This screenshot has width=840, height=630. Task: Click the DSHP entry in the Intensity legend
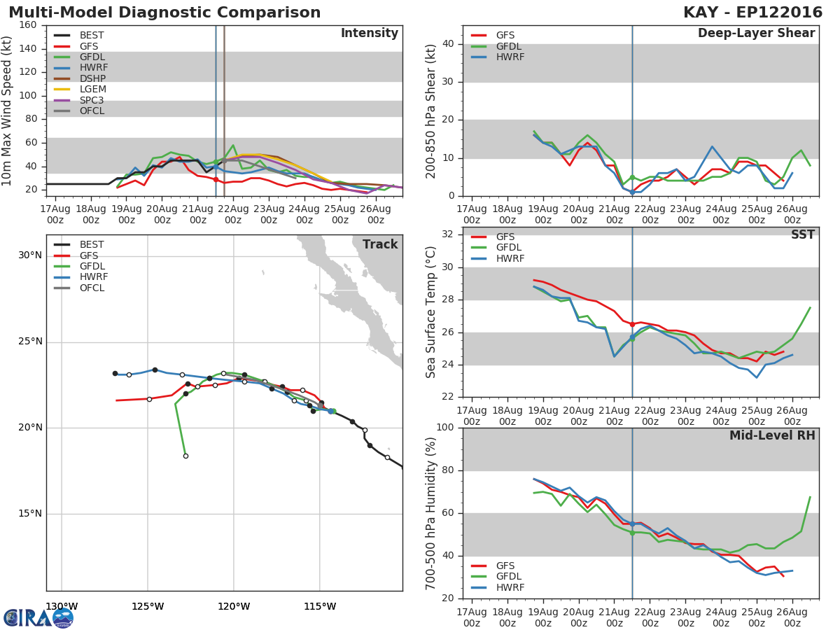[x=92, y=78]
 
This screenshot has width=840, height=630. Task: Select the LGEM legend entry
[x=93, y=89]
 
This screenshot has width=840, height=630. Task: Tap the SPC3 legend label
[x=92, y=100]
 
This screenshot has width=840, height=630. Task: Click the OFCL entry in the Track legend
[x=92, y=288]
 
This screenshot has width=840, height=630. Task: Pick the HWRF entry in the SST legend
[x=510, y=258]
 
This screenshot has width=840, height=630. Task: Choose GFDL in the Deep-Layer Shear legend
[x=509, y=46]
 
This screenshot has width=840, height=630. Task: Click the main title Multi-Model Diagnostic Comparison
[x=164, y=13]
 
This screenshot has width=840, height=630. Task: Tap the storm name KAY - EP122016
[x=752, y=13]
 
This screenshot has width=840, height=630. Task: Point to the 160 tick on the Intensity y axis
[x=28, y=25]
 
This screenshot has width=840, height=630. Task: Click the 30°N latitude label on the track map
[x=30, y=255]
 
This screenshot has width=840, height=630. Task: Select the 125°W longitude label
[x=148, y=607]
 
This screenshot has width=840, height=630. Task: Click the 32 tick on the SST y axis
[x=448, y=234]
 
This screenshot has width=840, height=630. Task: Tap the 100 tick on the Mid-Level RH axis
[x=445, y=427]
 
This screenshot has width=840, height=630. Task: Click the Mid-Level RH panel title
[x=772, y=435]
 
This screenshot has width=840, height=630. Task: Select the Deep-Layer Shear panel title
[x=757, y=34]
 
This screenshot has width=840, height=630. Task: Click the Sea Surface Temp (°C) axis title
[x=430, y=312]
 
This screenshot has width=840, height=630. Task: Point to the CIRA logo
[x=38, y=618]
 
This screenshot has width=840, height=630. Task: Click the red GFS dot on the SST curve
[x=632, y=324]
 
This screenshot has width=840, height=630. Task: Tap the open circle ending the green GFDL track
[x=185, y=456]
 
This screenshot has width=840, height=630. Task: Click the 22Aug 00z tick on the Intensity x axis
[x=233, y=214]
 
